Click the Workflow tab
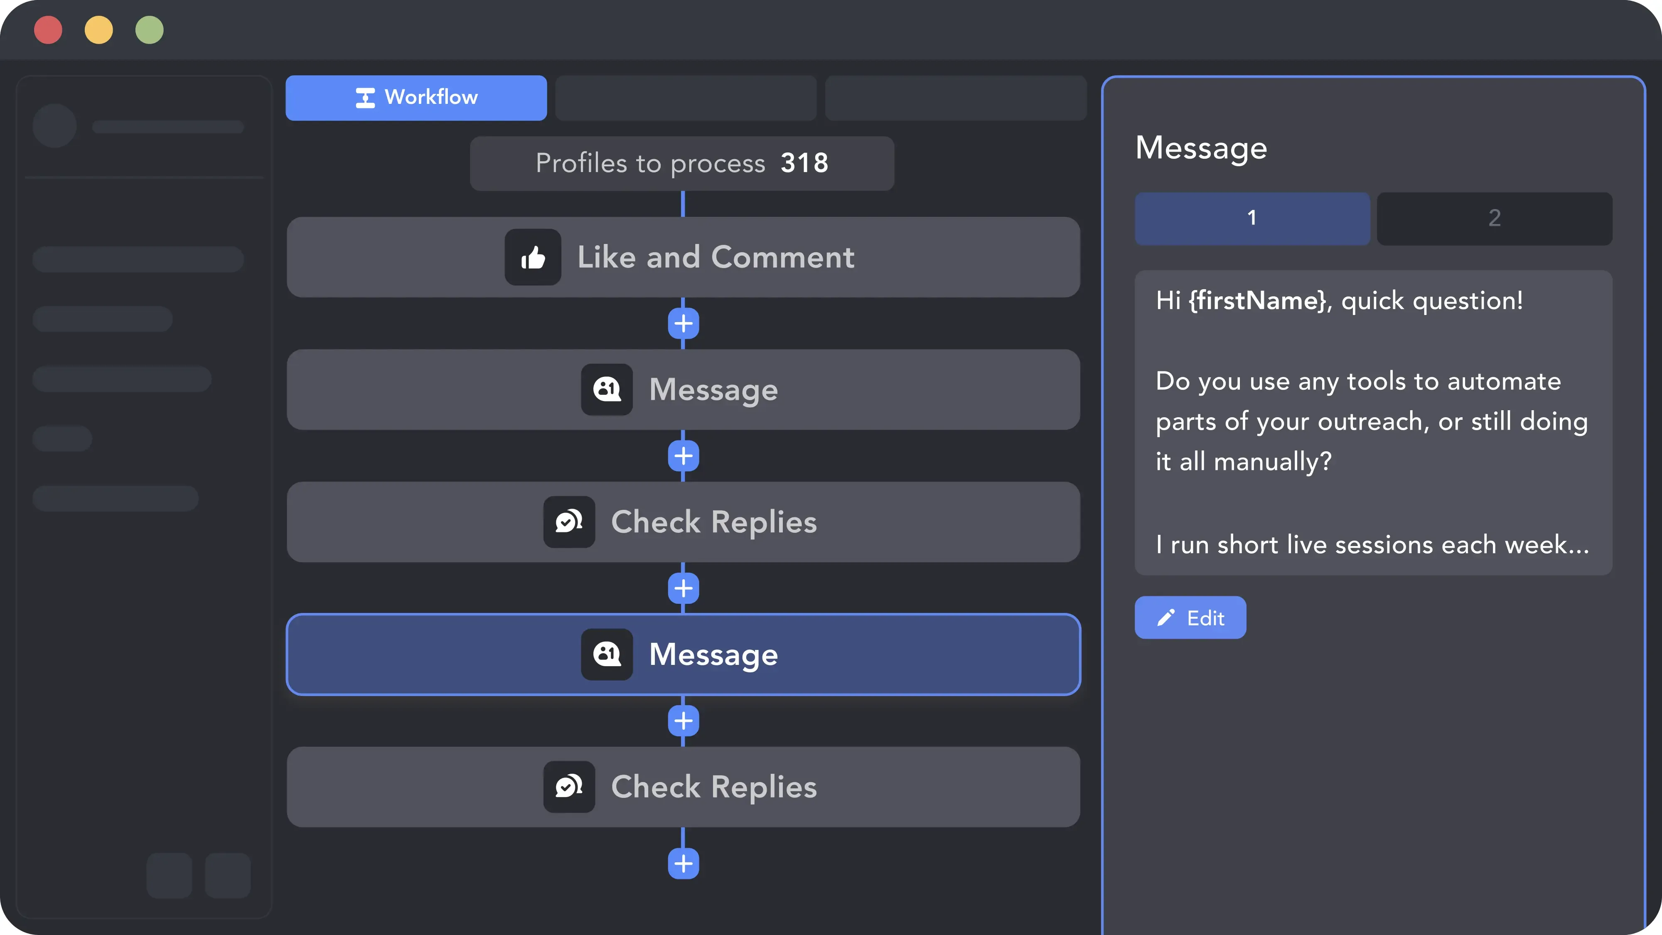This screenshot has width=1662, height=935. (416, 97)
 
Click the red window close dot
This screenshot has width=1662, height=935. (48, 30)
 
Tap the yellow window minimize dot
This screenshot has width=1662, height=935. (99, 30)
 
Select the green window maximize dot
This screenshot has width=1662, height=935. (150, 30)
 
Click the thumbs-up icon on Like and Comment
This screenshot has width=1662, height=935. (533, 258)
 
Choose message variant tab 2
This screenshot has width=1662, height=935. (1494, 218)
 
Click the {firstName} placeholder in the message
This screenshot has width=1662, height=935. (1257, 301)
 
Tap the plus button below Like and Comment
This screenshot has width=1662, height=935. (683, 323)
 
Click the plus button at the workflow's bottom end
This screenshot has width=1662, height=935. (683, 864)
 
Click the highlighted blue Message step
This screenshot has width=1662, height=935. (683, 654)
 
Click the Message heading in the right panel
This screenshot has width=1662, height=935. (1201, 148)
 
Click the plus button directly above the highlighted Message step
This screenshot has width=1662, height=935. (683, 588)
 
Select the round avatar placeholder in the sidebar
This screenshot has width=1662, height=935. (55, 126)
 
